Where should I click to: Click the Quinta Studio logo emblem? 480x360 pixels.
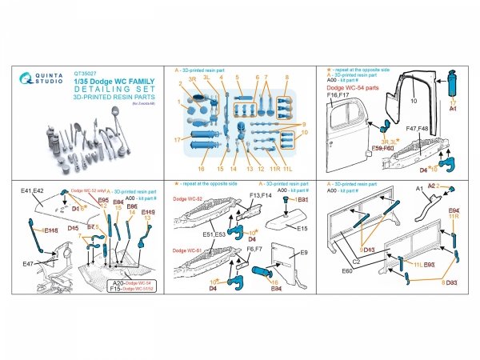pos(30,86)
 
